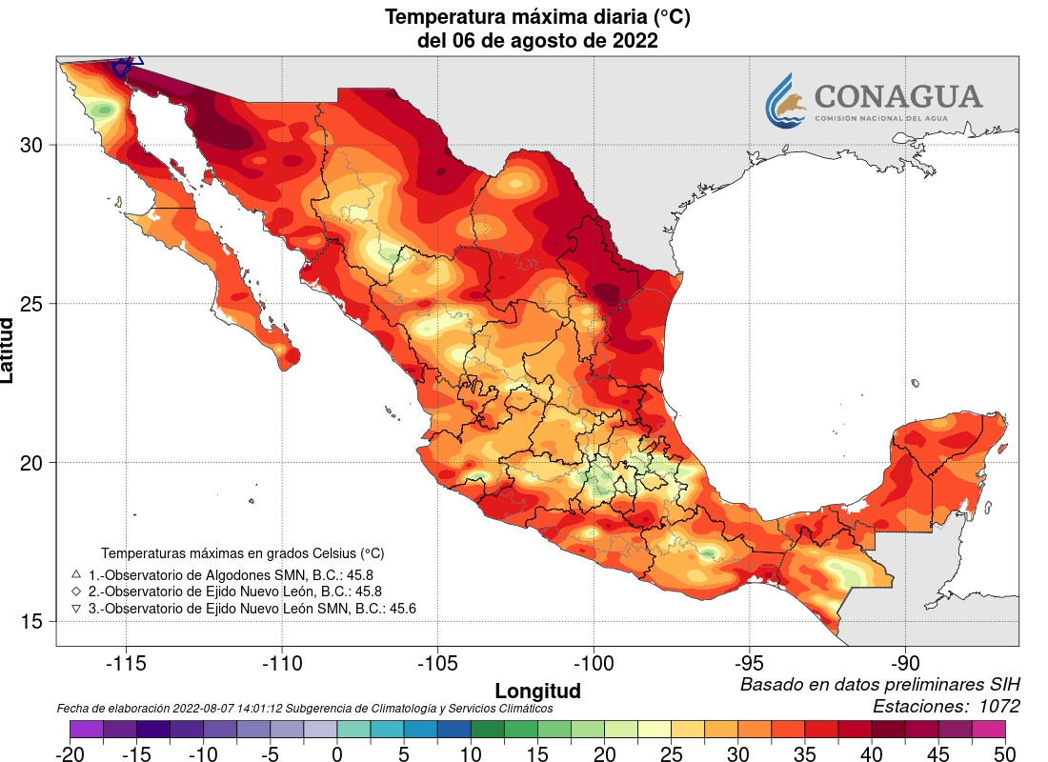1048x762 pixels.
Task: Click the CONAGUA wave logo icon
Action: [787, 100]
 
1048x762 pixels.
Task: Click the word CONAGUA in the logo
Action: [897, 96]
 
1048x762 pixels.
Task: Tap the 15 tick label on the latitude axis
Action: [32, 621]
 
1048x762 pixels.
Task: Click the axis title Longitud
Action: [537, 690]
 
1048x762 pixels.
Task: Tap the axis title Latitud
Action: [9, 351]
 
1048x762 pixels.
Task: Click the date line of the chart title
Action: [537, 41]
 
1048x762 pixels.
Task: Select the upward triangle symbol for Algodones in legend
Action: [76, 574]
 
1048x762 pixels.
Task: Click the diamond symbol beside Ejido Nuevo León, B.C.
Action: [76, 592]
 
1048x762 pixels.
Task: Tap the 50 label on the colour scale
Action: [1005, 753]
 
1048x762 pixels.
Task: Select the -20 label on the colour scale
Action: [70, 753]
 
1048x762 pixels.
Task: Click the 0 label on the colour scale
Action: [337, 753]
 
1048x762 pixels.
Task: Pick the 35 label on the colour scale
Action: [804, 753]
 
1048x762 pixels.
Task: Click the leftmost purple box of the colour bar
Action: [87, 729]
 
